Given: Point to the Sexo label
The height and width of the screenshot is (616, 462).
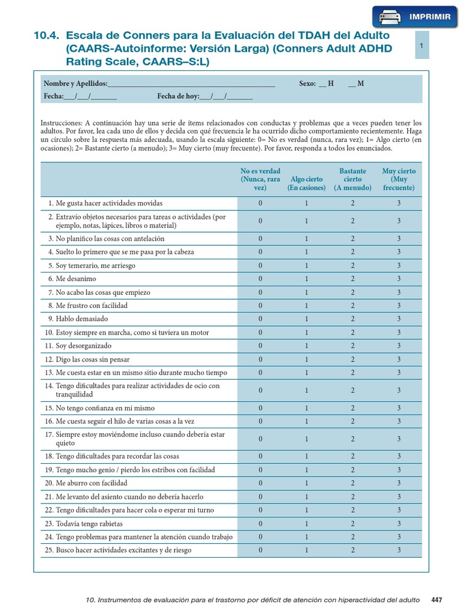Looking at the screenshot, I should click(307, 84).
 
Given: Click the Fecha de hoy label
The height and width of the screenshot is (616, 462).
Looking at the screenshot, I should click(177, 96).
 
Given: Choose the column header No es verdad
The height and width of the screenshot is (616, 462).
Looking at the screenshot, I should click(260, 179).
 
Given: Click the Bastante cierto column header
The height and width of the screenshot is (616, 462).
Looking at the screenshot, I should click(353, 179).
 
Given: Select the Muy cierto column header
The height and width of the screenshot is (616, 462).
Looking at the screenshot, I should click(399, 179).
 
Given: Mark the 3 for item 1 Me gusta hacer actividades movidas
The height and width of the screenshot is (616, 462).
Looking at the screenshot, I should click(399, 203).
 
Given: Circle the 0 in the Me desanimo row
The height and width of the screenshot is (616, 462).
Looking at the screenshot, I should click(260, 279).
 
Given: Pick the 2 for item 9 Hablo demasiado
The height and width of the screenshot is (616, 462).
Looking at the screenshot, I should click(353, 319).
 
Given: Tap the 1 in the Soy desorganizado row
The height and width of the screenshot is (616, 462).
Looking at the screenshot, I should click(306, 346).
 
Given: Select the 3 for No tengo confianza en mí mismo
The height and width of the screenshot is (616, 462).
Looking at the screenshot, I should click(399, 408).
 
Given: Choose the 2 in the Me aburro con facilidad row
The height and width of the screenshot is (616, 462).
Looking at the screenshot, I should click(353, 483).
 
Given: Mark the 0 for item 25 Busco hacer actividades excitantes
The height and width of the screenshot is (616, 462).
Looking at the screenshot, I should click(260, 550).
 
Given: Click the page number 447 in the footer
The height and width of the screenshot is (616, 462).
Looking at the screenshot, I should click(437, 600).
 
